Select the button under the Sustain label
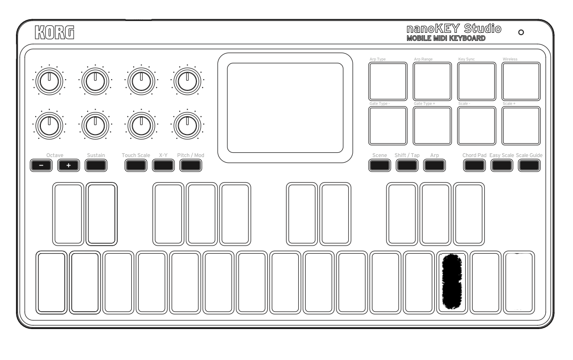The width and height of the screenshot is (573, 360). point(96,165)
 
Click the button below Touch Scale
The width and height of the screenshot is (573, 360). point(136,165)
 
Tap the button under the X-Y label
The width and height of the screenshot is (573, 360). point(163,165)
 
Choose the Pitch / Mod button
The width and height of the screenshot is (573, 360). point(190,165)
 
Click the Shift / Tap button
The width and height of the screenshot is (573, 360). point(407,165)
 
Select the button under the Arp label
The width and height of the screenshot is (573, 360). point(435,165)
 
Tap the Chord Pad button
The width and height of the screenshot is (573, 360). point(474,165)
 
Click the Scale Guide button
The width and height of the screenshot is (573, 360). point(529,165)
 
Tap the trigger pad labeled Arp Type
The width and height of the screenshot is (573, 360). point(388,81)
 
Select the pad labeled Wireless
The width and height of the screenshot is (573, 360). point(521,81)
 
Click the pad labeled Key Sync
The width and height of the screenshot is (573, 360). point(476,81)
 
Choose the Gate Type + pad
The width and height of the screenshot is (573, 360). point(432,125)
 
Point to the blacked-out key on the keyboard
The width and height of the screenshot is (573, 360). point(452,282)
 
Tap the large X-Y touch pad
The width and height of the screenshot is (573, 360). point(285,108)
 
